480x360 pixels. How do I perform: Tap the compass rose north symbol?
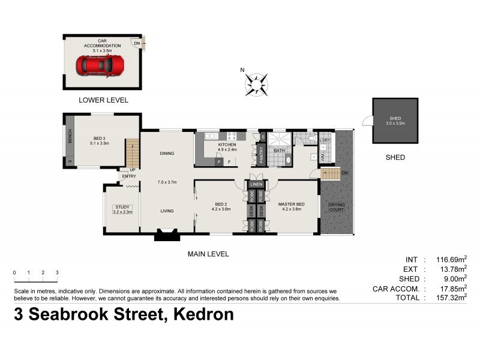pos(257,83)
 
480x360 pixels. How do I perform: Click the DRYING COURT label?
pos(337,208)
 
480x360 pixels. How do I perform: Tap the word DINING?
pos(167,153)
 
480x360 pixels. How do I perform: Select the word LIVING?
pos(167,211)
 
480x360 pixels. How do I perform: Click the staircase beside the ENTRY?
pos(131,154)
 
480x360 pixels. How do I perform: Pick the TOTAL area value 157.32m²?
pos(452,296)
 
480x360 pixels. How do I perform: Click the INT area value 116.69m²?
pos(452,260)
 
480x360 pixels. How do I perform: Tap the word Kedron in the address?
pos(202,314)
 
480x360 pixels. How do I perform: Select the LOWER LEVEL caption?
pos(103,100)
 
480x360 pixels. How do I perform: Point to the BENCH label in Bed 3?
pos(70,137)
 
